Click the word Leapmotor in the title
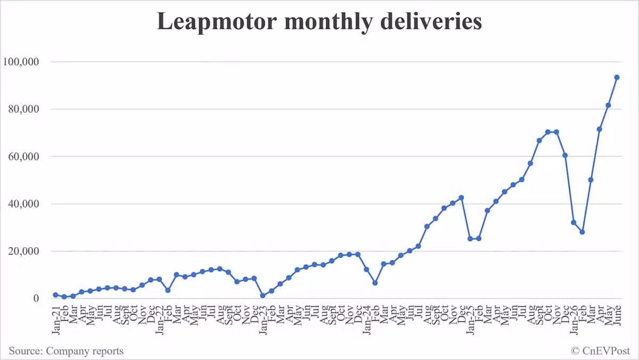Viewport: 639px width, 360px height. (x=217, y=22)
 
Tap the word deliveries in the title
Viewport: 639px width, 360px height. (x=431, y=21)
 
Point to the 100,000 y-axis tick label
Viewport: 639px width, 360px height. (x=21, y=62)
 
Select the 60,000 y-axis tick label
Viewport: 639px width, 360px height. (x=23, y=157)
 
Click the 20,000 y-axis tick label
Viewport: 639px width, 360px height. (x=23, y=251)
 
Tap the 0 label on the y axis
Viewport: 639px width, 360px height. (x=36, y=298)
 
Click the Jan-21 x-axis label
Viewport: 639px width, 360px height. (x=56, y=320)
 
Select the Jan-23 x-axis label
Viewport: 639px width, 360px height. (x=263, y=320)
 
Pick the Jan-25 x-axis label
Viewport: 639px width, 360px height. (x=470, y=320)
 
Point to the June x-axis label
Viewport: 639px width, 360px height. (x=617, y=315)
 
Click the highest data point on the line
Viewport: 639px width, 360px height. (x=617, y=77)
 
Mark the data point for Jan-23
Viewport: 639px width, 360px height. (x=263, y=296)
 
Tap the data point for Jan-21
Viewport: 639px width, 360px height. (x=55, y=295)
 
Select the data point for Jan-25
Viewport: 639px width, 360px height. (x=470, y=239)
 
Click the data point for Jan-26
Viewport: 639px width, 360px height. (x=574, y=223)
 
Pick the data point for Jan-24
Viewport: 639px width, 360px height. (x=366, y=269)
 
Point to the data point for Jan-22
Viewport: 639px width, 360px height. (x=159, y=279)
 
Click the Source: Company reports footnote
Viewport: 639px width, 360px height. (x=66, y=351)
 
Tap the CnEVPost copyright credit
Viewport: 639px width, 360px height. (x=601, y=351)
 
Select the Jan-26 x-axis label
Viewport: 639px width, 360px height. (x=574, y=320)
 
